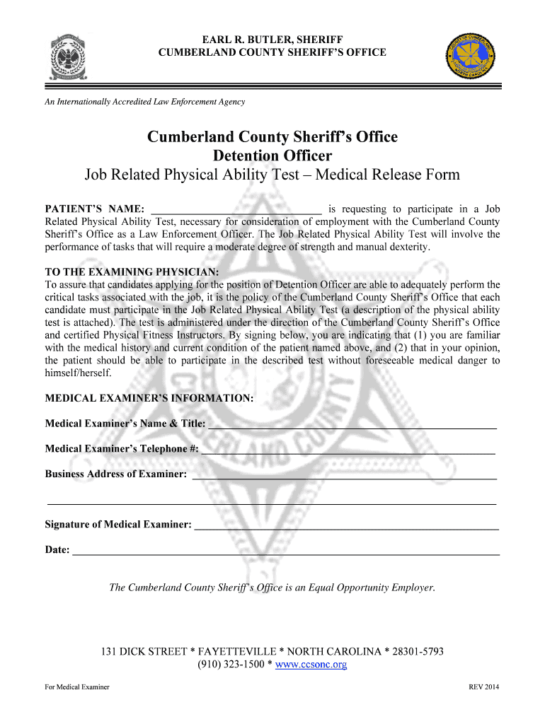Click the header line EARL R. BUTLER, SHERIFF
click(x=272, y=39)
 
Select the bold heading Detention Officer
click(x=272, y=156)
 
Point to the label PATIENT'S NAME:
click(x=96, y=209)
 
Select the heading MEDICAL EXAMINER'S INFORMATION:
click(x=149, y=398)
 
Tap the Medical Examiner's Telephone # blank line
click(x=348, y=450)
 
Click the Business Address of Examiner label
click(x=116, y=474)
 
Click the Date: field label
click(x=57, y=549)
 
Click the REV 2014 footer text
click(x=484, y=687)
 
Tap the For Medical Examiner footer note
click(x=77, y=687)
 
